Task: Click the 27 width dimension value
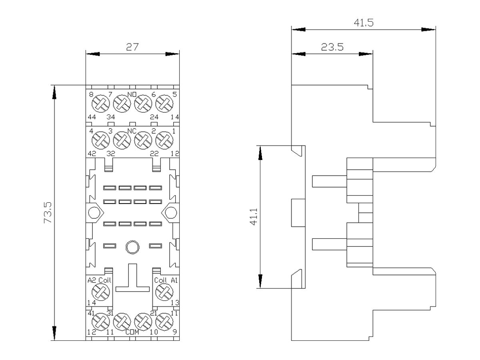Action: pos(132,47)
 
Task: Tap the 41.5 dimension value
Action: pos(363,23)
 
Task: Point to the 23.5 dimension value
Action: pos(332,47)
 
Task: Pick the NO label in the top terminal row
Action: pos(132,95)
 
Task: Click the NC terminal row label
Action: pos(132,131)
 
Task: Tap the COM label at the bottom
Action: pos(132,332)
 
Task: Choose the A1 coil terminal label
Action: pos(174,280)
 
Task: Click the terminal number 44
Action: pos(92,117)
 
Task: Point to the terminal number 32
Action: pos(110,154)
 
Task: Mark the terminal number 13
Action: pos(174,303)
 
